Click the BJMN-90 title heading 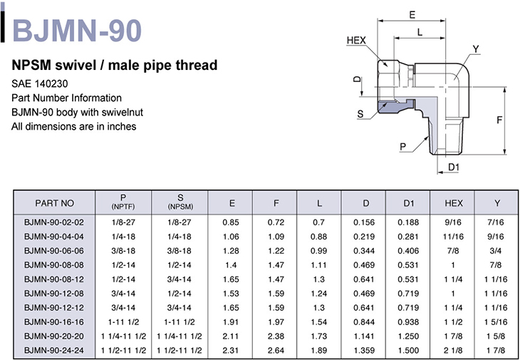(x=77, y=31)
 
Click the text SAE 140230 (x=39, y=83)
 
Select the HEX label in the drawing (x=356, y=41)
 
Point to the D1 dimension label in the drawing (x=453, y=168)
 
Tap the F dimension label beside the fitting (x=500, y=120)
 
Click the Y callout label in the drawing (x=476, y=49)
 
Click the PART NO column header (x=55, y=203)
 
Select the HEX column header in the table (x=453, y=203)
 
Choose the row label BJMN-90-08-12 (x=54, y=279)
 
